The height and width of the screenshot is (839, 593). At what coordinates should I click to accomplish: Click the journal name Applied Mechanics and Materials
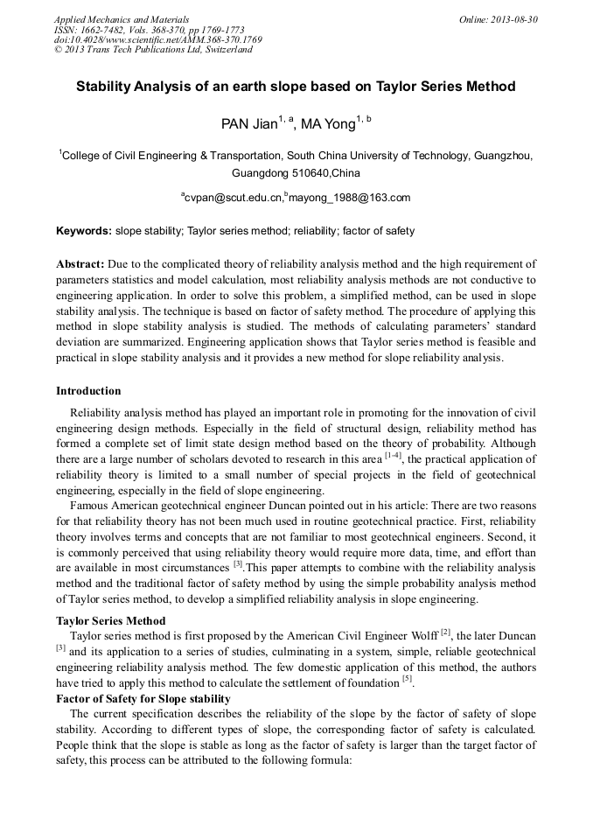tap(122, 19)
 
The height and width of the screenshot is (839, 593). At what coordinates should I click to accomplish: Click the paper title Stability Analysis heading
tap(296, 87)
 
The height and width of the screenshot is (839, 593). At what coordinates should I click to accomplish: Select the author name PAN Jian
tap(248, 124)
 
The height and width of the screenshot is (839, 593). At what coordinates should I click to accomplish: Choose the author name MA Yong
tap(328, 124)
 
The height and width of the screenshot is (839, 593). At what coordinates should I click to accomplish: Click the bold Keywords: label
tap(84, 231)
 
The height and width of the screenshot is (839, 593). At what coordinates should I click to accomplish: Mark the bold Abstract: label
tap(80, 263)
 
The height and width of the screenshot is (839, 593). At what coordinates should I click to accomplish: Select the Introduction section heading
tap(88, 390)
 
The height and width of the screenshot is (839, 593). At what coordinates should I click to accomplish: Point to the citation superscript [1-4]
tap(393, 455)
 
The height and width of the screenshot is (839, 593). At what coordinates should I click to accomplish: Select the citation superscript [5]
tap(407, 678)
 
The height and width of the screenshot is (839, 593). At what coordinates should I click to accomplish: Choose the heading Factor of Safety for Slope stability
tap(143, 698)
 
